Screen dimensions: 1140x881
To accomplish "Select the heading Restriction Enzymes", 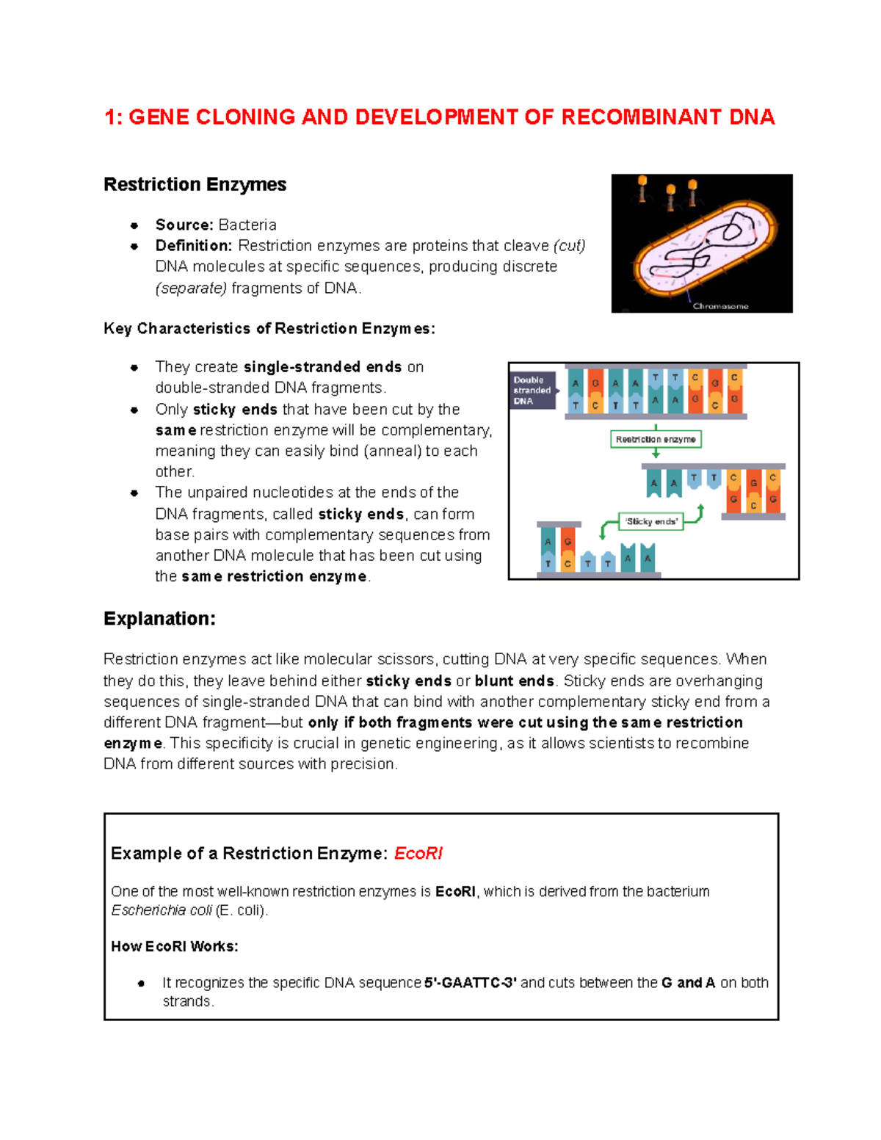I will (195, 184).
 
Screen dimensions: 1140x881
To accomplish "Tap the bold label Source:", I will (184, 225).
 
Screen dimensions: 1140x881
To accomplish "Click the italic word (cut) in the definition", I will (569, 245).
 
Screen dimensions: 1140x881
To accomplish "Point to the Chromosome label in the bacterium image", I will (720, 306).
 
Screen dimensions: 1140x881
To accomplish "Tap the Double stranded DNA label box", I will (533, 391).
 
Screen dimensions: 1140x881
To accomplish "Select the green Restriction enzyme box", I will (656, 439).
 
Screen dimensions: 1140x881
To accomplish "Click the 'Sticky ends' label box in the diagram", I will (651, 521).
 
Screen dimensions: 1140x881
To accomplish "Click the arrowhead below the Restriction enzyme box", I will (656, 454).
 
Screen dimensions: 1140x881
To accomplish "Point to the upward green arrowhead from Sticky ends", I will (700, 508).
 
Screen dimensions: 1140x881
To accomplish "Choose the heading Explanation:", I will (159, 619).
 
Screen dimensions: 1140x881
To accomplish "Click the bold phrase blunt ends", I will (514, 680).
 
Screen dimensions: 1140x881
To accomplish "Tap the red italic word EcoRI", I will (418, 853).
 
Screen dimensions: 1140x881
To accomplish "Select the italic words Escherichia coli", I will (162, 910).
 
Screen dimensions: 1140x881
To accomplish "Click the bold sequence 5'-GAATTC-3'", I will (471, 982).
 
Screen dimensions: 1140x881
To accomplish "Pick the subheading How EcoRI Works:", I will (175, 946).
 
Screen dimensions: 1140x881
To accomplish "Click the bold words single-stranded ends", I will (322, 367).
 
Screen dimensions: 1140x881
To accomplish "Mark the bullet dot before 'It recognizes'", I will (141, 983).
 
